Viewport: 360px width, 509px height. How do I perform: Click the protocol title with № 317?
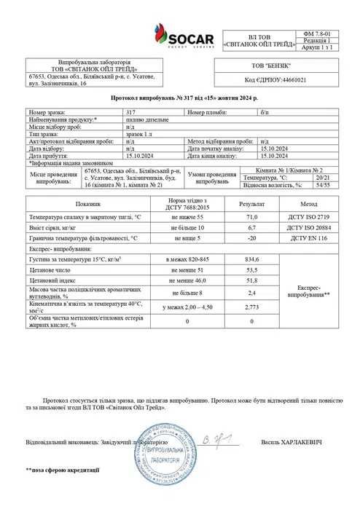pos(179,97)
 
